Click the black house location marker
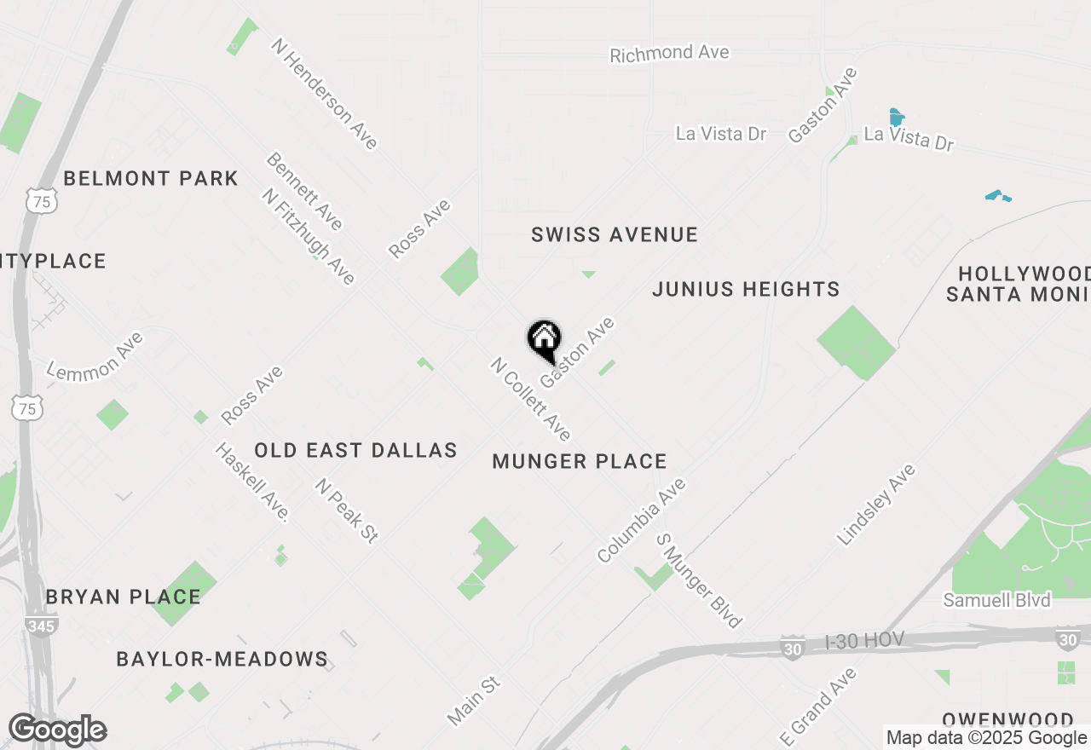coord(544,340)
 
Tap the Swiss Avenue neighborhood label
coord(614,234)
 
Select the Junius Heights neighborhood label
coord(746,290)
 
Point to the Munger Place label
coord(580,462)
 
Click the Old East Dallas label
coord(355,451)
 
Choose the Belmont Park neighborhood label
coord(151,179)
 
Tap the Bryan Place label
coord(124,597)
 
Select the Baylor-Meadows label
coord(222,659)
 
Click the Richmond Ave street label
coord(669,54)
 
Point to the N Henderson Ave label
coord(324,94)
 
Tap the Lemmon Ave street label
coord(95,356)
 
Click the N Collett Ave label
coord(530,399)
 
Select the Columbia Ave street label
coord(642,520)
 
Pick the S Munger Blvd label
coord(698,581)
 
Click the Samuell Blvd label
coord(996,600)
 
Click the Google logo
coord(57,730)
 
